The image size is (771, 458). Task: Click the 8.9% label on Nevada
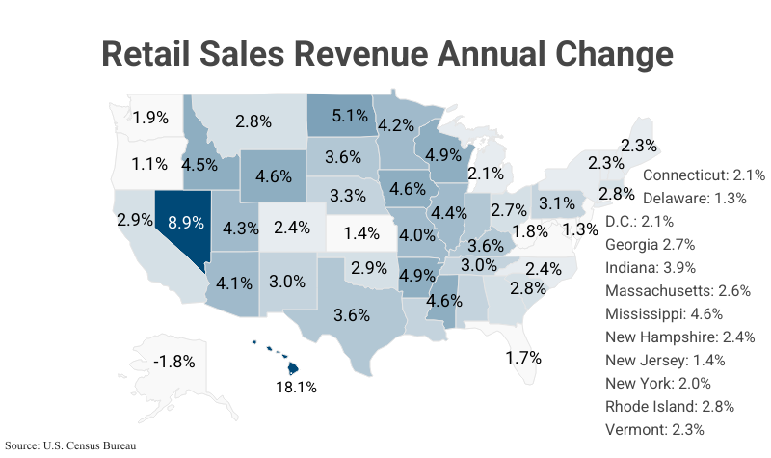click(x=186, y=221)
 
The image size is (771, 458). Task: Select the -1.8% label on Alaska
click(x=174, y=362)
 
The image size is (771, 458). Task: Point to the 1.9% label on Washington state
click(x=150, y=118)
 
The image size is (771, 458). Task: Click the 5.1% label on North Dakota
click(x=349, y=116)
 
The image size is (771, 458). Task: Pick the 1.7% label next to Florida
click(x=523, y=357)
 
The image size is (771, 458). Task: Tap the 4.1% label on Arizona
click(x=234, y=283)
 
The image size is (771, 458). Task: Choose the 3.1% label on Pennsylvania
click(x=557, y=203)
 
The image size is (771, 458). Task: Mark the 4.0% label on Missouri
click(x=417, y=234)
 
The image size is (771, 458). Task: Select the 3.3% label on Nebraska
click(x=347, y=195)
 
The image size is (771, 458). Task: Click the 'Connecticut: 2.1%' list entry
click(x=704, y=175)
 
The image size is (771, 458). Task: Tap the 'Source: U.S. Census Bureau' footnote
click(x=70, y=445)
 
